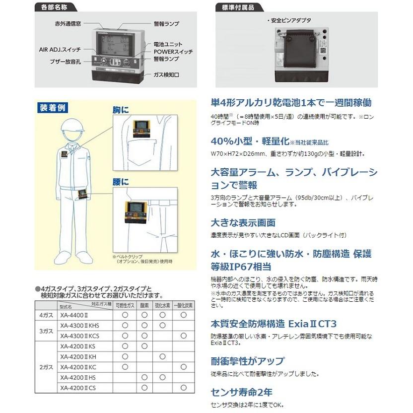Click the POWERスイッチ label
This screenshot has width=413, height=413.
tap(172, 52)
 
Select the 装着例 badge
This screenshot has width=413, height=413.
tap(52, 107)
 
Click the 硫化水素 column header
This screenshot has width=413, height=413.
tap(163, 305)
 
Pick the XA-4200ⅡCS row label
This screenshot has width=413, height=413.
tap(77, 388)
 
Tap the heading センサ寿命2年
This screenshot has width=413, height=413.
tap(241, 391)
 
